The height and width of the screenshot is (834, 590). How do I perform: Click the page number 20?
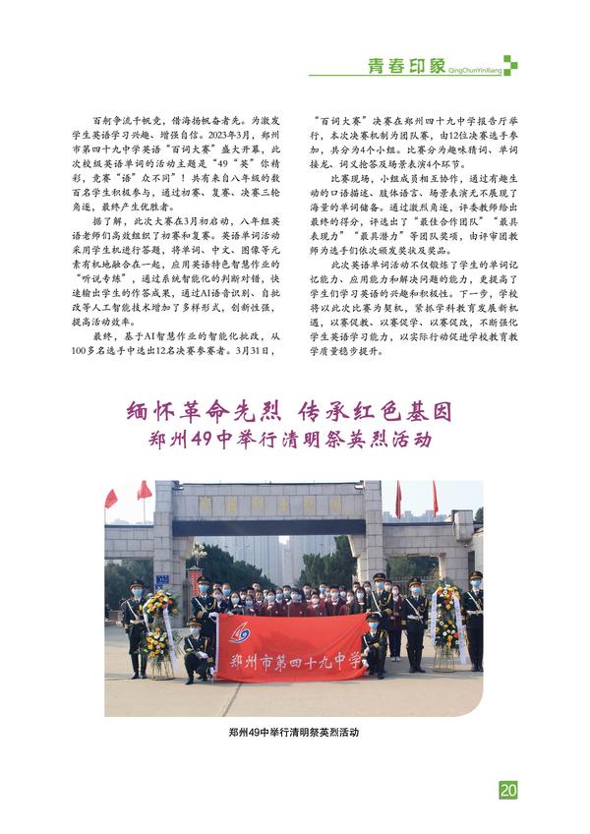click(x=508, y=790)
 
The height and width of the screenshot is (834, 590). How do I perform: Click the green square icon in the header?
click(x=510, y=65)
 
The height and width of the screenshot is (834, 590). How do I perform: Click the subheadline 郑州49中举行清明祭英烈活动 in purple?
click(x=293, y=439)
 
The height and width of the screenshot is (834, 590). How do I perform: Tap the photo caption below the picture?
click(x=293, y=733)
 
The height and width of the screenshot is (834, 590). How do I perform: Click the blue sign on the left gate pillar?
click(x=161, y=579)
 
